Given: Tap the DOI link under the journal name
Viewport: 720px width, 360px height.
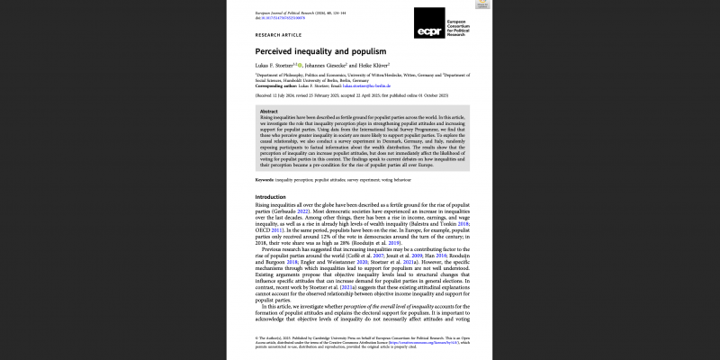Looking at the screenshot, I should pyautogui.click(x=277, y=16).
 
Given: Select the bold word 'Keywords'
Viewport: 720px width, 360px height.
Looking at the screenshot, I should pyautogui.click(x=267, y=181).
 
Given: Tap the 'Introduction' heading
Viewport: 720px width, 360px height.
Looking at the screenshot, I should pyautogui.click(x=270, y=197).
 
